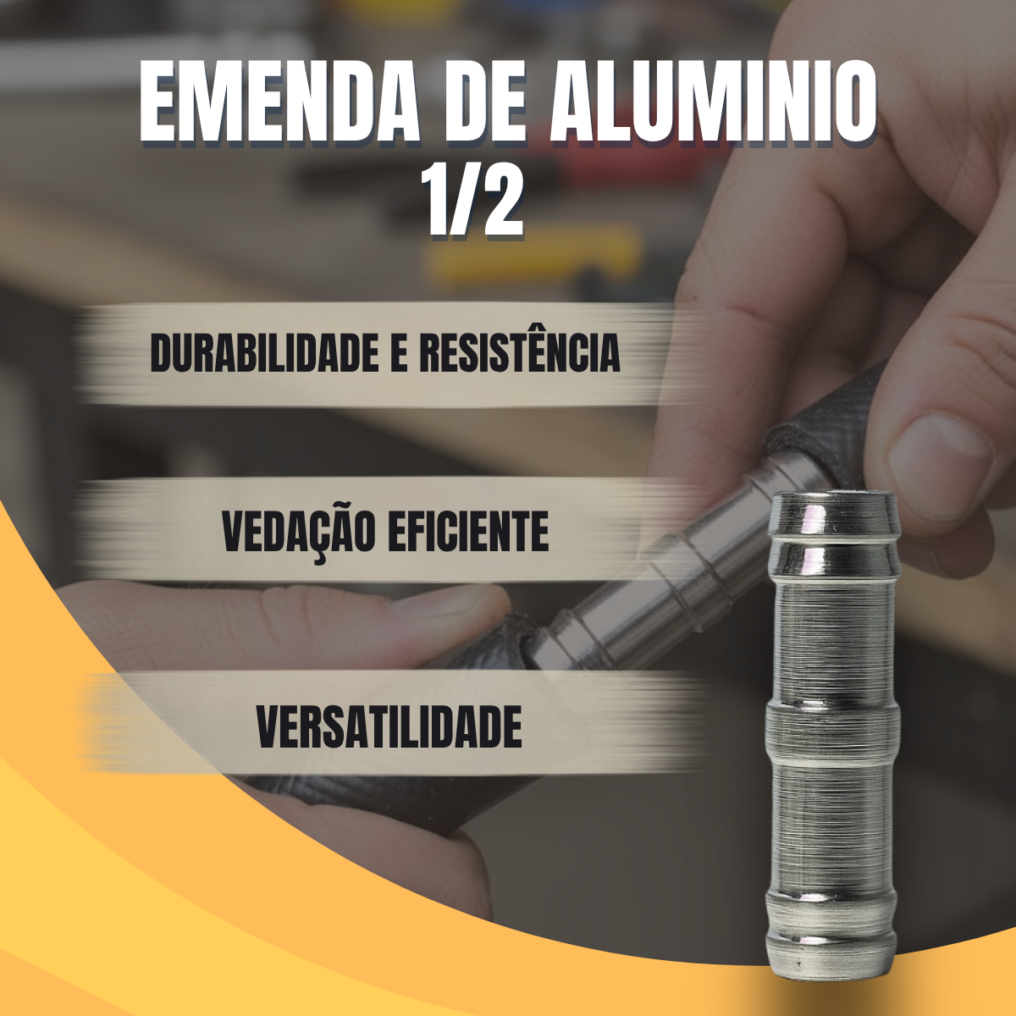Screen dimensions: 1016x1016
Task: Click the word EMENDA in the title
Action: [x=279, y=102]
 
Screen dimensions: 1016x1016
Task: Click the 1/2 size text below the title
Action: [x=473, y=202]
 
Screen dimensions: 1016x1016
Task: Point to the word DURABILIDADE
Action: [x=264, y=353]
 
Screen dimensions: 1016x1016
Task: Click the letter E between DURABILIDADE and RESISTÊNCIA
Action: [x=399, y=353]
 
